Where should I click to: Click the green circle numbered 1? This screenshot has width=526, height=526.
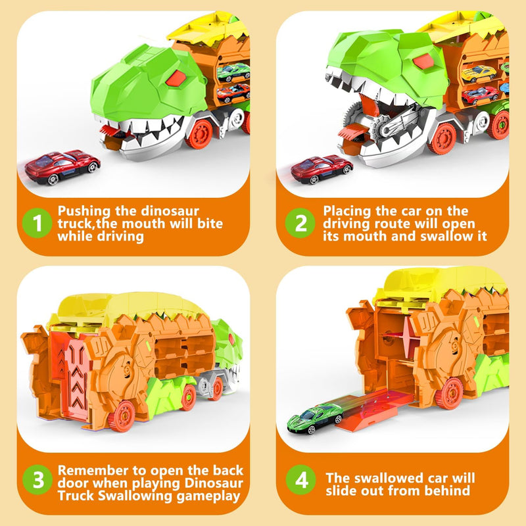37,223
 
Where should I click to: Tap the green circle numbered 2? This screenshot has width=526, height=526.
300,223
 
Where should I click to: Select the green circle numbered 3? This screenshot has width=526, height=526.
37,480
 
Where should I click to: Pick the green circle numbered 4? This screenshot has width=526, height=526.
301,480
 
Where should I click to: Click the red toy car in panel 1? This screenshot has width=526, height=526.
62,167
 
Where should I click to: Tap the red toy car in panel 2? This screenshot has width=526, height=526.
322,169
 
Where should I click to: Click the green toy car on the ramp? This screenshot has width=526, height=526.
315,418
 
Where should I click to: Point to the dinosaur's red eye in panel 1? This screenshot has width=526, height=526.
176,78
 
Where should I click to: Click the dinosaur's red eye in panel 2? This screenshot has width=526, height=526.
423,61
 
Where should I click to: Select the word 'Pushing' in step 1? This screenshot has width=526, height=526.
84,211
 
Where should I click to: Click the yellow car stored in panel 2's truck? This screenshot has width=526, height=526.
478,74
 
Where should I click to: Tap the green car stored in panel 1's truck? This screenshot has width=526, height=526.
233,72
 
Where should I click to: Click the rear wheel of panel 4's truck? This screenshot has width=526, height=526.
450,394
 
